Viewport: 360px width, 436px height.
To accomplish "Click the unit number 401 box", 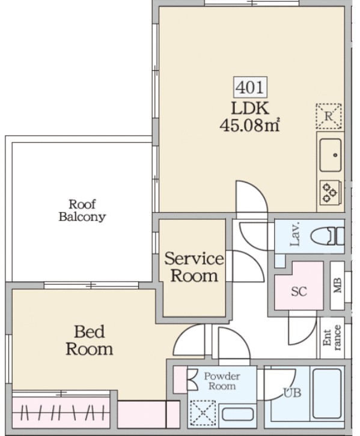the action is [x=250, y=87].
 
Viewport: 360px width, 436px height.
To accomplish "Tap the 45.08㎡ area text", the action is [x=249, y=126].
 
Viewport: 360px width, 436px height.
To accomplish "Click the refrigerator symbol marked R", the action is [x=329, y=117].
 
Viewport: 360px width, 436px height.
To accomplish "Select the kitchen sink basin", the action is [x=331, y=155].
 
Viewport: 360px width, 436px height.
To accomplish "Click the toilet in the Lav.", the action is [x=327, y=236].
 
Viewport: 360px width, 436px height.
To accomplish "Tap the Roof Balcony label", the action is [x=82, y=210].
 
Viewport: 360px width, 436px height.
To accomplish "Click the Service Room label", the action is [x=194, y=267].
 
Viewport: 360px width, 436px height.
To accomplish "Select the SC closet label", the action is [x=299, y=291].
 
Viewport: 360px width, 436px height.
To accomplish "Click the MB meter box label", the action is [x=337, y=285].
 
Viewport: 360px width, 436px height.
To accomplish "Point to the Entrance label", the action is [x=332, y=338].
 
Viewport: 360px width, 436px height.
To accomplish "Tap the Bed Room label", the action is [x=90, y=340].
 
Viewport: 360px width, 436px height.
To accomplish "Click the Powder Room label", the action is [x=222, y=381].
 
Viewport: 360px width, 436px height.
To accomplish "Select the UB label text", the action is [x=292, y=393].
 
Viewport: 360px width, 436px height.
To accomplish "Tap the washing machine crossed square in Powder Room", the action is [x=203, y=413].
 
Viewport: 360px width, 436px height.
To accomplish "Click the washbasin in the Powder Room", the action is [x=237, y=414].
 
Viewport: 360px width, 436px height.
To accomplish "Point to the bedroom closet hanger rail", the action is [x=61, y=413].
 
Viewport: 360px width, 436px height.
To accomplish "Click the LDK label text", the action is [x=250, y=109].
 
